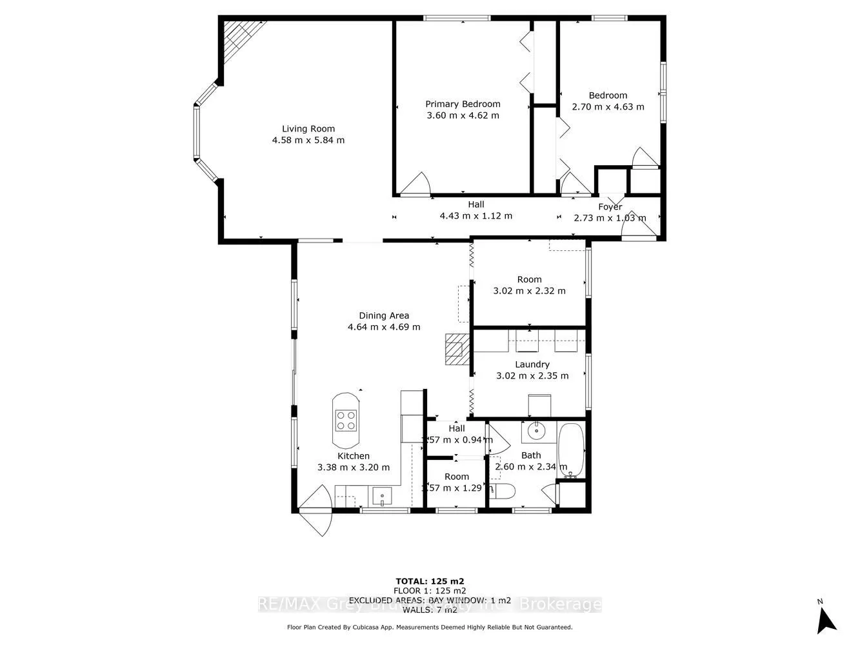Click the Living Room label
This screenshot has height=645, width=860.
pyautogui.click(x=308, y=128)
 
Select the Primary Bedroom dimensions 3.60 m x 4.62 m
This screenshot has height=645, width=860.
pyautogui.click(x=463, y=115)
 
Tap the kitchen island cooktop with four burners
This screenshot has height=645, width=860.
pyautogui.click(x=346, y=421)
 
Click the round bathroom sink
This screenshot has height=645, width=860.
pyautogui.click(x=535, y=430)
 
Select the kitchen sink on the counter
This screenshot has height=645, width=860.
pyautogui.click(x=383, y=497)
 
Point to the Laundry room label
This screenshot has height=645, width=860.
pyautogui.click(x=532, y=364)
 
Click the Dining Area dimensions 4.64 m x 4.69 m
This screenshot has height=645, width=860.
pyautogui.click(x=384, y=327)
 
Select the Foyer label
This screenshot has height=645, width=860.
pyautogui.click(x=610, y=207)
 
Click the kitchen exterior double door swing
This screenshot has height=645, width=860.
pyautogui.click(x=316, y=510)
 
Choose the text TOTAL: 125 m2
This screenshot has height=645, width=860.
pyautogui.click(x=429, y=580)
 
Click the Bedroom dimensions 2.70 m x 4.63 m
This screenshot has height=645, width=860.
pyautogui.click(x=608, y=106)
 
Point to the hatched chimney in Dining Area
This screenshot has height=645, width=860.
pyautogui.click(x=455, y=350)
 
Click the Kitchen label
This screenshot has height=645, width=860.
pyautogui.click(x=354, y=456)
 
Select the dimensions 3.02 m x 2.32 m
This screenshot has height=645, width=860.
pyautogui.click(x=529, y=291)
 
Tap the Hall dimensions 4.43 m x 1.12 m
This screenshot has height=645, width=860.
pyautogui.click(x=475, y=216)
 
